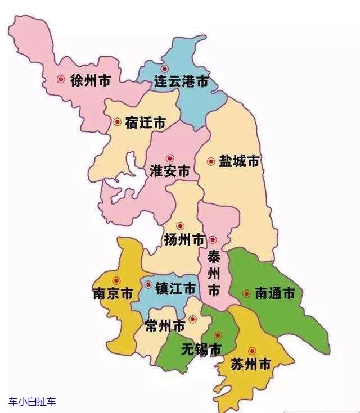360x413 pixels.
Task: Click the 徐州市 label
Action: pos(91,80)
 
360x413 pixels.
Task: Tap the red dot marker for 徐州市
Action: pos(61,80)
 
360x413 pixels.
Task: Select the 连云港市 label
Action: pos(181,82)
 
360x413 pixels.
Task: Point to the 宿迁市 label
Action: pos(146,122)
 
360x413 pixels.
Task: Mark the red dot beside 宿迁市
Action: pos(117,121)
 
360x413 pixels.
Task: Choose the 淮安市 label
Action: pos(170,171)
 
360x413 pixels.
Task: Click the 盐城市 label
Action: pos(239,161)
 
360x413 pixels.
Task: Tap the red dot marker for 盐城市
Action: pos(211,161)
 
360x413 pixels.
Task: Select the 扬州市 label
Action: pos(184,240)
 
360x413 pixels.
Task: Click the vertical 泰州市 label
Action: pos(214,274)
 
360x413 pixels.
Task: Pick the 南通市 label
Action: pos(274,293)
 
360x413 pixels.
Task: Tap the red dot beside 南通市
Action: pos(246,293)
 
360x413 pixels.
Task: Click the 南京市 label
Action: pos(113,294)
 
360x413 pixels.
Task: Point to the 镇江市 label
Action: pos(176,289)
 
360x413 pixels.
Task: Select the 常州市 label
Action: pos(165,326)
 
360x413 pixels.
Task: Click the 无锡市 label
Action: pos(201,349)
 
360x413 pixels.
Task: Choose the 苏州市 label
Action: pos(251,364)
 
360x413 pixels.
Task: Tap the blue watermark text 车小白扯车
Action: pos(33,401)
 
